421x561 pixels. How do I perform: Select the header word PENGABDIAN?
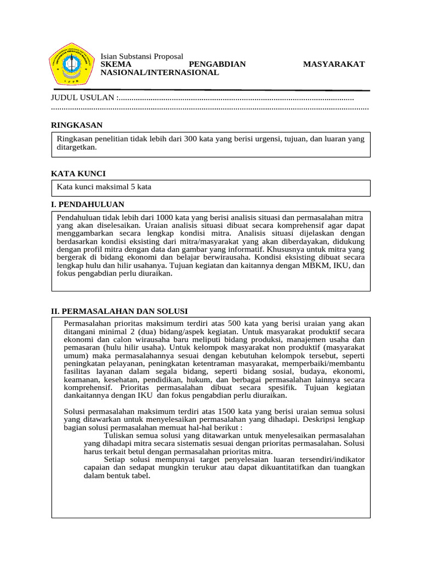click(x=221, y=65)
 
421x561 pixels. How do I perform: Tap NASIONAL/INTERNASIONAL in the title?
click(x=160, y=73)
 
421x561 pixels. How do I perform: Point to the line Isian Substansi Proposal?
click(x=141, y=56)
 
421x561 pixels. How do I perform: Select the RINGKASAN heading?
click(x=77, y=125)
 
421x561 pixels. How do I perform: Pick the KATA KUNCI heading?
click(x=78, y=174)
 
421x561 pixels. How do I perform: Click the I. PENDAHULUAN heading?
click(x=88, y=204)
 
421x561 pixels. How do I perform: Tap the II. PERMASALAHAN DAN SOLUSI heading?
click(x=120, y=311)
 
